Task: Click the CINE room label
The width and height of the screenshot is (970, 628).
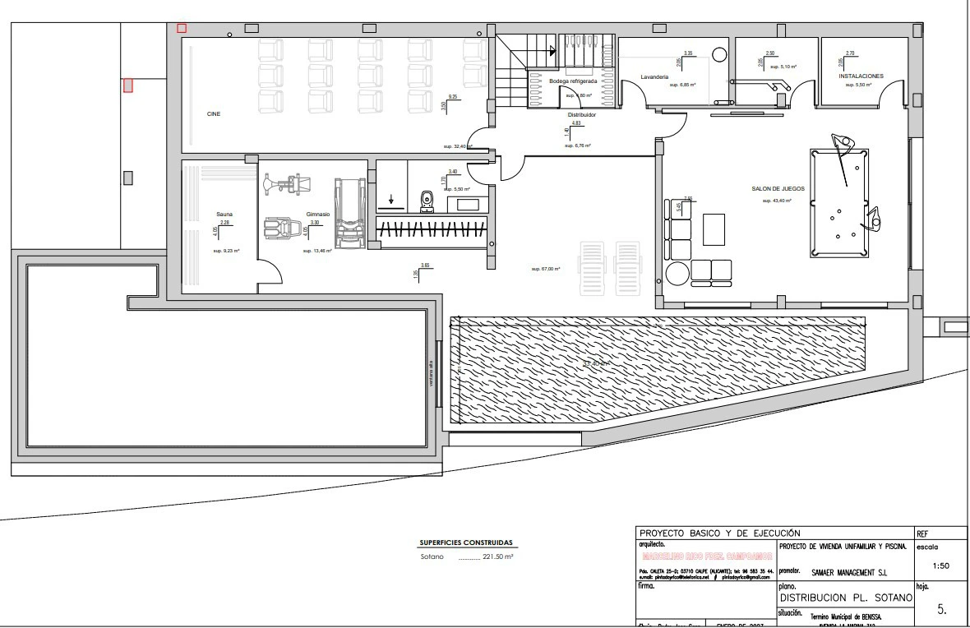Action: pyautogui.click(x=214, y=113)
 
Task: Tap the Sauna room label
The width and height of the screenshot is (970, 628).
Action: pyautogui.click(x=224, y=214)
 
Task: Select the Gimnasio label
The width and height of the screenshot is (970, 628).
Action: pyautogui.click(x=318, y=214)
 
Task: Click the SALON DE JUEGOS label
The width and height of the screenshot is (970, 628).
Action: pyautogui.click(x=778, y=188)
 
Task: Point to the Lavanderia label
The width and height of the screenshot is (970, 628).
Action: pyautogui.click(x=654, y=76)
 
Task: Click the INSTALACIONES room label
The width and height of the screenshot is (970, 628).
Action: pyautogui.click(x=861, y=76)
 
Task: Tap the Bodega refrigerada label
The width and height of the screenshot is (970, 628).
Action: pyautogui.click(x=572, y=81)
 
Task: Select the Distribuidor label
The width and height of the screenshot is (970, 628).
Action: pyautogui.click(x=582, y=114)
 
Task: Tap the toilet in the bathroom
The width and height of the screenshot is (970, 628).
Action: pyautogui.click(x=427, y=200)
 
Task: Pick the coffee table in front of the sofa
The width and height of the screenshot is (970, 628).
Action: pyautogui.click(x=713, y=229)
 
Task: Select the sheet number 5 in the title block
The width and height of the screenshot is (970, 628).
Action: pyautogui.click(x=941, y=610)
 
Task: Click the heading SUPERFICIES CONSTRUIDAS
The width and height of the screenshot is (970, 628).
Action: pyautogui.click(x=465, y=543)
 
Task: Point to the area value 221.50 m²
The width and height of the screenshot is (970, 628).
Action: pyautogui.click(x=498, y=557)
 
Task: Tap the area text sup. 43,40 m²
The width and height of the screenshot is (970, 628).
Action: pyautogui.click(x=777, y=201)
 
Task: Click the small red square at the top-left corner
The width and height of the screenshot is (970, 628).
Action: pyautogui.click(x=182, y=28)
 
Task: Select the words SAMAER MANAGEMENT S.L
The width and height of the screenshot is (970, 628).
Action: pyautogui.click(x=849, y=572)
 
